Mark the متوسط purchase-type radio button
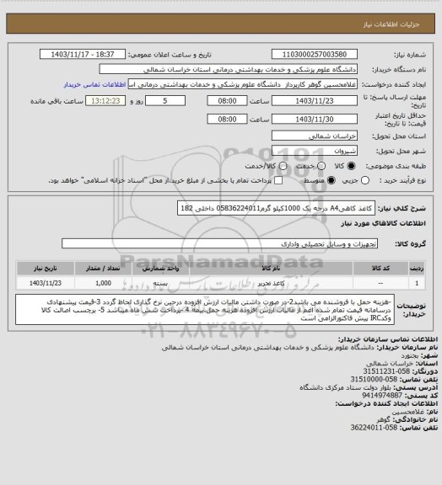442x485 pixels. (306, 180)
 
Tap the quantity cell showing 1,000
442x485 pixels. (104, 284)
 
